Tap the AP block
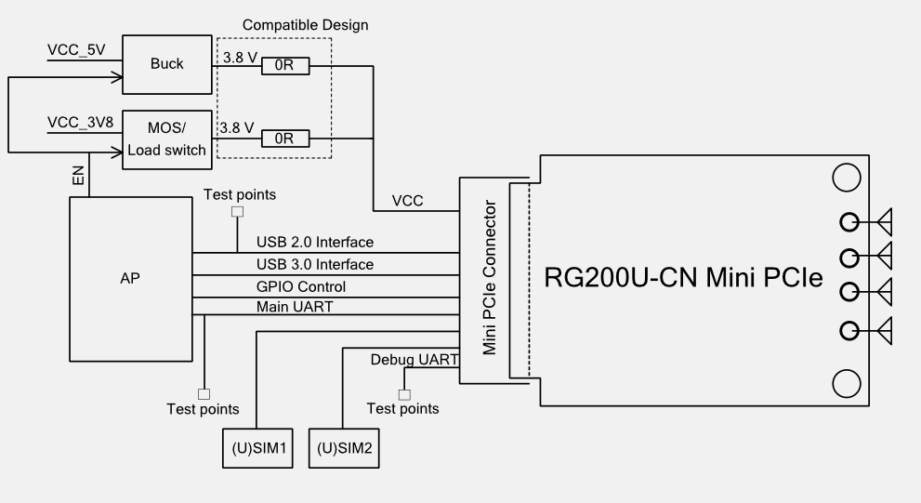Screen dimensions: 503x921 (131, 279)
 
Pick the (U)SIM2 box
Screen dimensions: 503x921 (344, 448)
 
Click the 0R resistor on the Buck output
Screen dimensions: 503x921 (284, 66)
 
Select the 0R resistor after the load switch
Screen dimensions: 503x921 (284, 139)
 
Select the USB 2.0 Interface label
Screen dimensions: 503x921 (315, 243)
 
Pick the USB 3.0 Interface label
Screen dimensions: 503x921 (315, 265)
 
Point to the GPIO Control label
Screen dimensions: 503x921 (301, 286)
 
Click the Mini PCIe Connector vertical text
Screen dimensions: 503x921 (491, 280)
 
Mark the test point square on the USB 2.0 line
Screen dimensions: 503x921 (237, 212)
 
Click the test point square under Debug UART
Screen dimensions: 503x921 (403, 393)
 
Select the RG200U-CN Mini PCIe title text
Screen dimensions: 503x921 (684, 277)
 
